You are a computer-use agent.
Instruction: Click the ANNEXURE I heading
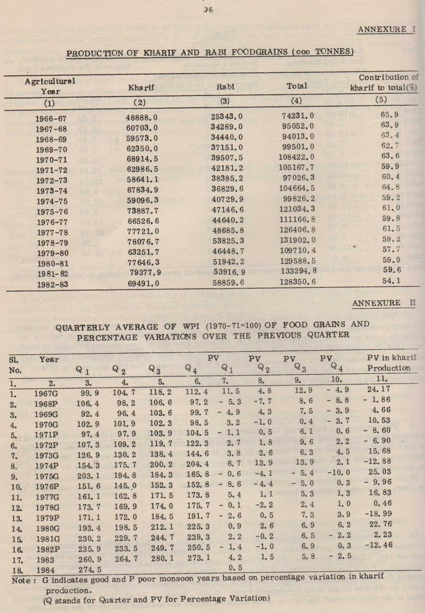point(386,30)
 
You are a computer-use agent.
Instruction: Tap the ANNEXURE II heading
point(384,303)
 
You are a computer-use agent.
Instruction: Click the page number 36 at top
point(208,10)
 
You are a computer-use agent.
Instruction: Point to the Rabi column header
point(226,87)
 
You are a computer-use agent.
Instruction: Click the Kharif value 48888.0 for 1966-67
point(142,118)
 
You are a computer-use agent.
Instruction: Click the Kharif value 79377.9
point(143,272)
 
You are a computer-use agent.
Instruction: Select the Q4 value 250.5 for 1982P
point(198,548)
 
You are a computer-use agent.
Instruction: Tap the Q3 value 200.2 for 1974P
point(161,464)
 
